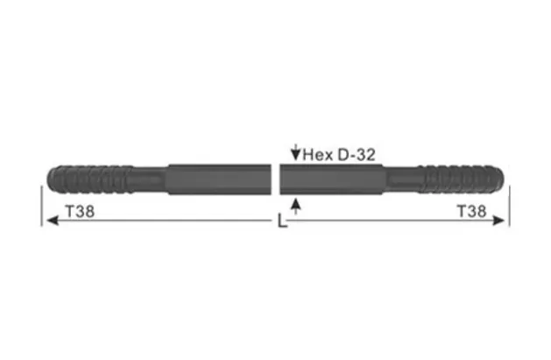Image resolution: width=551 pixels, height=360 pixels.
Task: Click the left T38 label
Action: pyautogui.click(x=81, y=211)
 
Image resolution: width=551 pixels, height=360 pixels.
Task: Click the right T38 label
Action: pyautogui.click(x=472, y=211)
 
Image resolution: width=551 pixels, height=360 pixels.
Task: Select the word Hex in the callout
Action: pyautogui.click(x=318, y=154)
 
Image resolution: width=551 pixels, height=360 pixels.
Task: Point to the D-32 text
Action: pyautogui.click(x=358, y=154)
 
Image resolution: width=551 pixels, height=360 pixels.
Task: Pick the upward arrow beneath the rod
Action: pyautogui.click(x=297, y=206)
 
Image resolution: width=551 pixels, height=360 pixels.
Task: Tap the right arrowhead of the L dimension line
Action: pyautogui.click(x=502, y=222)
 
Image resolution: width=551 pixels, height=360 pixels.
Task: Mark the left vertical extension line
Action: pyautogui.click(x=40, y=206)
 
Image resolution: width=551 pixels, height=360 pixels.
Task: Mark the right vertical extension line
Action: pyautogui.click(x=509, y=206)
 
